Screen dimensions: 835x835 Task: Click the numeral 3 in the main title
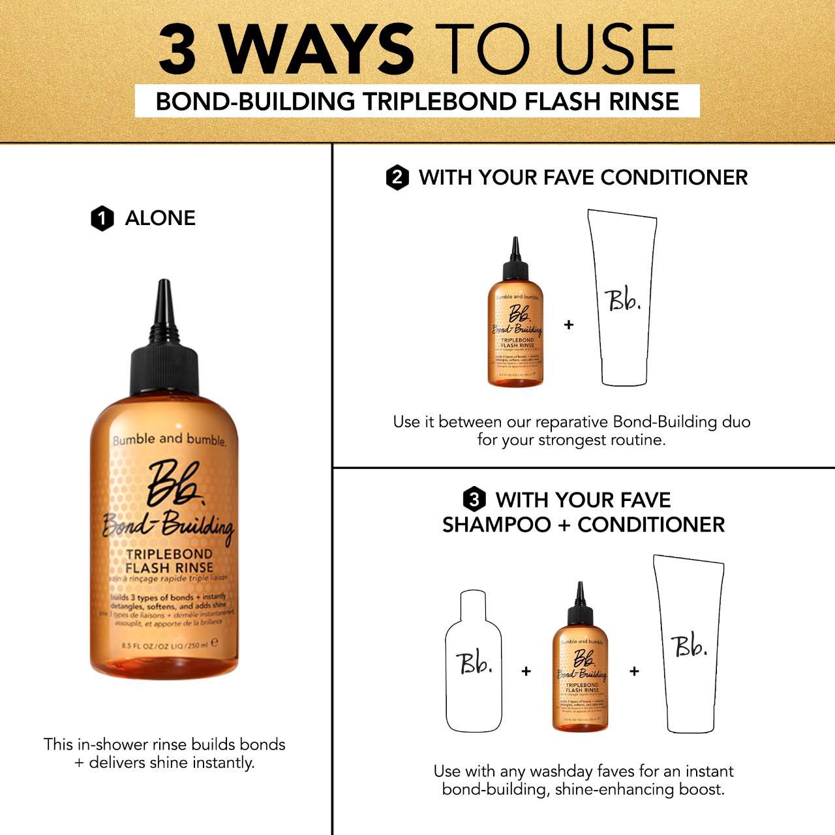click(177, 50)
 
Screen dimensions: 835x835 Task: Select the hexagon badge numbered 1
click(102, 219)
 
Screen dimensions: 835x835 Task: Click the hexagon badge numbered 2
click(397, 177)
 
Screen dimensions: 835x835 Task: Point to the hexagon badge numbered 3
click(474, 500)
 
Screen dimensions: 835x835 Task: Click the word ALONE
click(160, 218)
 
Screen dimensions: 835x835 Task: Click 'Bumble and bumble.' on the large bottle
click(169, 440)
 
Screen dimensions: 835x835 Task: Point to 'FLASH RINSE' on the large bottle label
click(169, 568)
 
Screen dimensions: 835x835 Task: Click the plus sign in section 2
click(569, 324)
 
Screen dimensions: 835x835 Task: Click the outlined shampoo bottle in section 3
click(474, 661)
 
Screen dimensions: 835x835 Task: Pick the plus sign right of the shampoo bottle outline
click(526, 671)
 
